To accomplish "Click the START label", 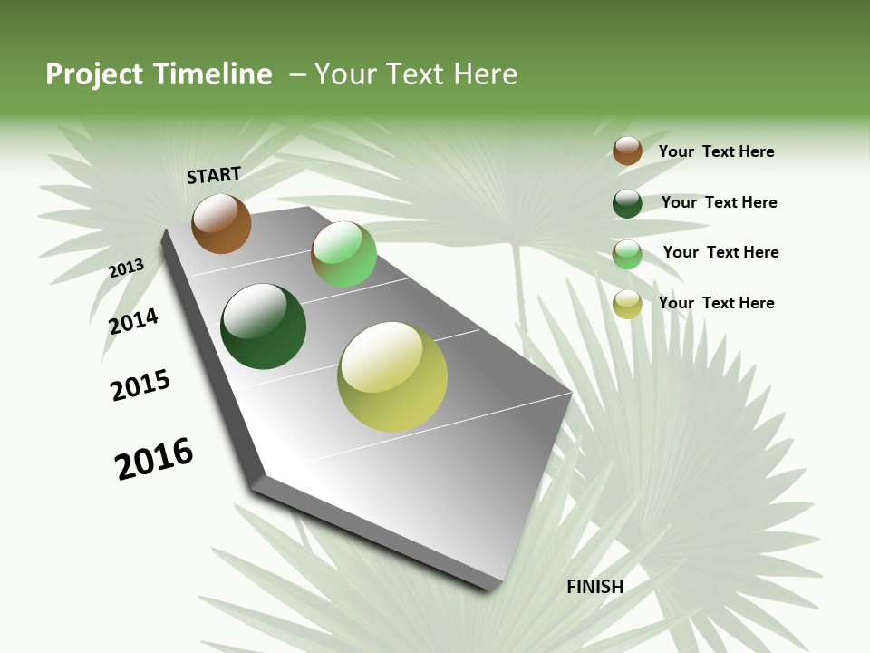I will pos(214,175).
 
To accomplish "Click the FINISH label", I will pos(594,587).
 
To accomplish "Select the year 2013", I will pos(127,268).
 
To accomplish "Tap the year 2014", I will pos(134,321).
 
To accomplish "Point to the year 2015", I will pos(140,385).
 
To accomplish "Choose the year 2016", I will pos(154,459).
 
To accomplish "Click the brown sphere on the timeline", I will pos(221,224).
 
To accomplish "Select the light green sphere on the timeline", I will pos(343,254).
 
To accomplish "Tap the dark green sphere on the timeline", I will pos(263,326).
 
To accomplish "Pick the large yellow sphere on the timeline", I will pos(392,376).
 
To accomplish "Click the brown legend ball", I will pos(627,151).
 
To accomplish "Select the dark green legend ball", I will pos(627,203).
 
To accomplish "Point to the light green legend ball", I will pos(627,254).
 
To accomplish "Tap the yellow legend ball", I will pos(627,304).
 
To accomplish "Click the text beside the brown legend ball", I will pos(716,151).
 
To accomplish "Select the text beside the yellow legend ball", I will pos(716,303).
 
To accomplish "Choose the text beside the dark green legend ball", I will pos(719,202).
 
